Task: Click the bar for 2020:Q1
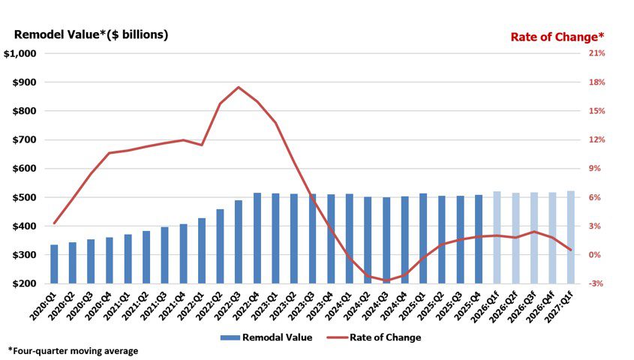[54, 264]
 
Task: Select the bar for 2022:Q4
[257, 238]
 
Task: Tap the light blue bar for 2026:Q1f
[497, 238]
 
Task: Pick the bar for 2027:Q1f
[570, 237]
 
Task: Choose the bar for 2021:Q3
[164, 255]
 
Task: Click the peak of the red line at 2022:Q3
[239, 87]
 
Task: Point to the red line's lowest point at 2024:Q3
[386, 280]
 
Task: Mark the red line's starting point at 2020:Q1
[54, 223]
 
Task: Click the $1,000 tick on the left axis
[26, 53]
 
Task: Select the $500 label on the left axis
[24, 197]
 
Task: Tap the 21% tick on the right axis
[596, 53]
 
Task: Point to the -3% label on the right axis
[596, 283]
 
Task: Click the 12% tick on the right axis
[596, 139]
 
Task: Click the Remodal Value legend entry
[266, 337]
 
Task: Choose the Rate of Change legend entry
[374, 337]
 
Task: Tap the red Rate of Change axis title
[557, 37]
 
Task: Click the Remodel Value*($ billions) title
[91, 34]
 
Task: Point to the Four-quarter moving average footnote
[73, 351]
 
